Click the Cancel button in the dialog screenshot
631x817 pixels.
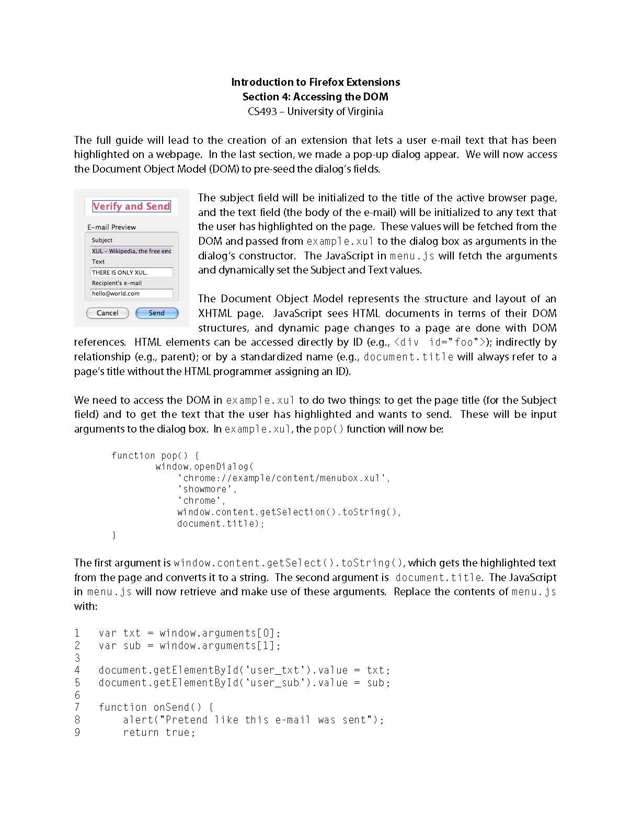click(x=107, y=313)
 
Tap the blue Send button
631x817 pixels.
click(x=157, y=313)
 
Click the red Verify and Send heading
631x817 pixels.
click(x=132, y=206)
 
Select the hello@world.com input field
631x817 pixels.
click(x=131, y=293)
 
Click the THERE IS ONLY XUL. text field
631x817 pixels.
click(x=131, y=272)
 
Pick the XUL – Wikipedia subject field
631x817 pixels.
click(x=131, y=251)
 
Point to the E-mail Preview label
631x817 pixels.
click(x=111, y=227)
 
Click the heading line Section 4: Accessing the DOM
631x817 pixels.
click(x=315, y=97)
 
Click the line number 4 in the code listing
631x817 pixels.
click(x=77, y=670)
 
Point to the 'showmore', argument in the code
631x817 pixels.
click(x=207, y=490)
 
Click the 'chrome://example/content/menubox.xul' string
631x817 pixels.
click(x=283, y=478)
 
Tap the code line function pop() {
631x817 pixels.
click(x=155, y=456)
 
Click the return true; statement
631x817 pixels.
click(x=159, y=732)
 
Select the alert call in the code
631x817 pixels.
click(x=253, y=720)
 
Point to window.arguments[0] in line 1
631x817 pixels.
click(x=220, y=633)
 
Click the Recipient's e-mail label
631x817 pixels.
click(x=117, y=283)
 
